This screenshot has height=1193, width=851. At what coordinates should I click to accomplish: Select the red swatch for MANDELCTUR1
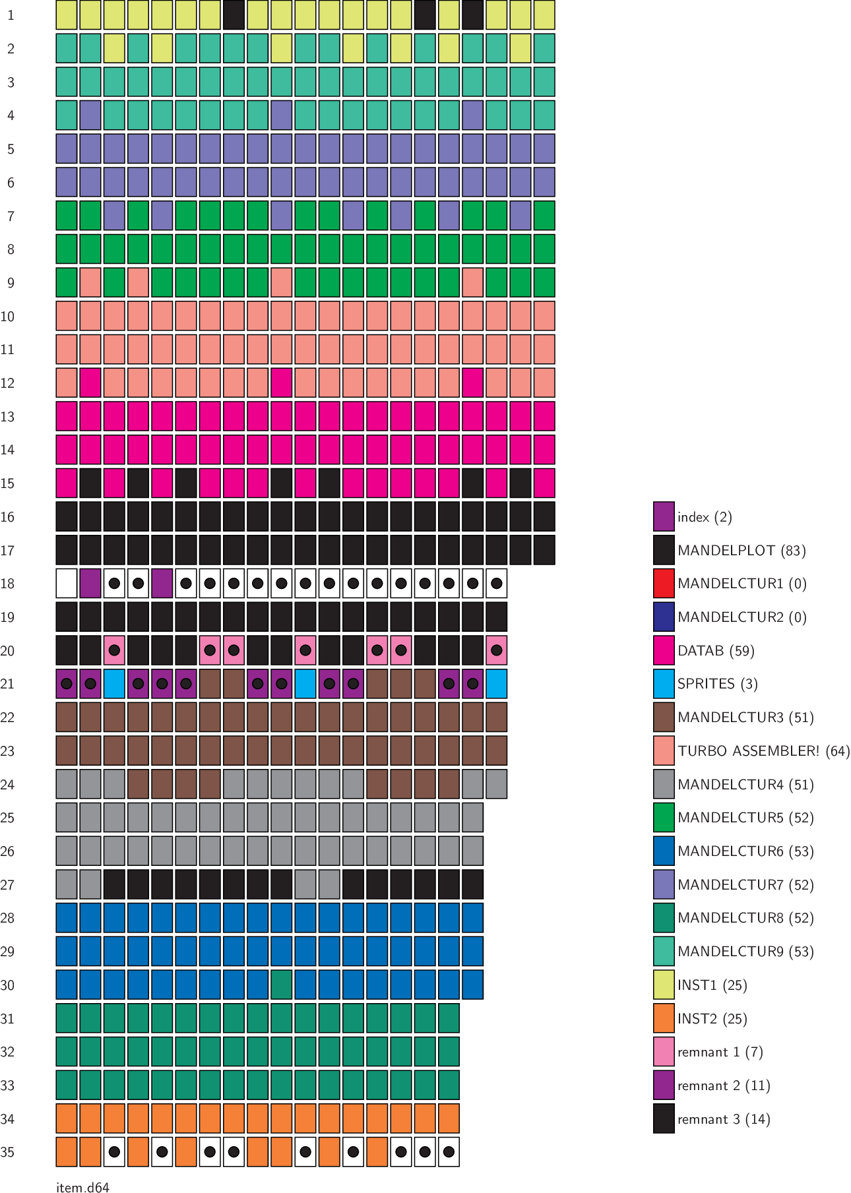point(664,584)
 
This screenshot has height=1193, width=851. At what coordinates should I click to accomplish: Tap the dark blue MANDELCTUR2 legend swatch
point(664,617)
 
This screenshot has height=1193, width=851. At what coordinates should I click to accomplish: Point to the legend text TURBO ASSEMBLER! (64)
point(763,751)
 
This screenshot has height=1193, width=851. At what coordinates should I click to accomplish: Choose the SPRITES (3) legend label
point(717,684)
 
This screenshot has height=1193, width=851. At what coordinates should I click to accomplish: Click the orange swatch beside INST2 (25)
point(664,1019)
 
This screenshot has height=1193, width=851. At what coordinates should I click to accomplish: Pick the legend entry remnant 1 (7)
point(720,1053)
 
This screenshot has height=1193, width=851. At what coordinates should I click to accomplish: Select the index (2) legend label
point(705,517)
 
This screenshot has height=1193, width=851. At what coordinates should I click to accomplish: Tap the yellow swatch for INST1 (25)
point(664,985)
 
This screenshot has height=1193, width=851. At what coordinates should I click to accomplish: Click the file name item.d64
point(82,1188)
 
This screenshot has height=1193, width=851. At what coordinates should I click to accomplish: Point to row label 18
point(7,584)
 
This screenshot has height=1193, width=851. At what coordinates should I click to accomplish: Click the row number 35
point(7,1153)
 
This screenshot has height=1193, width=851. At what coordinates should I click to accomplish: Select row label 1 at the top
point(11,15)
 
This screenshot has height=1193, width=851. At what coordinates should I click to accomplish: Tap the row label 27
point(7,885)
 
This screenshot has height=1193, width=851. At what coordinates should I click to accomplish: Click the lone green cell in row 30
point(282,985)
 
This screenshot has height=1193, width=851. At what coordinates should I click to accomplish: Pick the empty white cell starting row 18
point(67,584)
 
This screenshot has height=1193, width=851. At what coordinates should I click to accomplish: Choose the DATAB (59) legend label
point(716,651)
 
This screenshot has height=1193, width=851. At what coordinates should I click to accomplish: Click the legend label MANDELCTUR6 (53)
point(745,851)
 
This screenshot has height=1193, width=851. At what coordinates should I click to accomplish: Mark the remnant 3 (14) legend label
point(724,1119)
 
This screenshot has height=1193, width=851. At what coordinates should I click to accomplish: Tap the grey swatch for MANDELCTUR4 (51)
point(664,785)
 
